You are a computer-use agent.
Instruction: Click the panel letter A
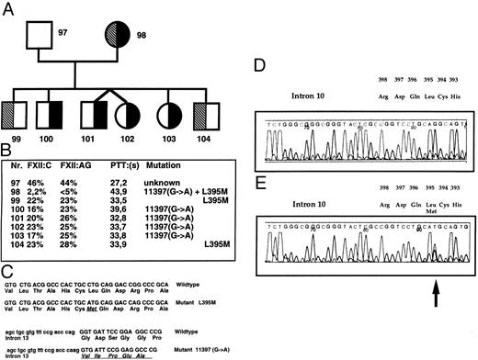coord(6,6)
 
